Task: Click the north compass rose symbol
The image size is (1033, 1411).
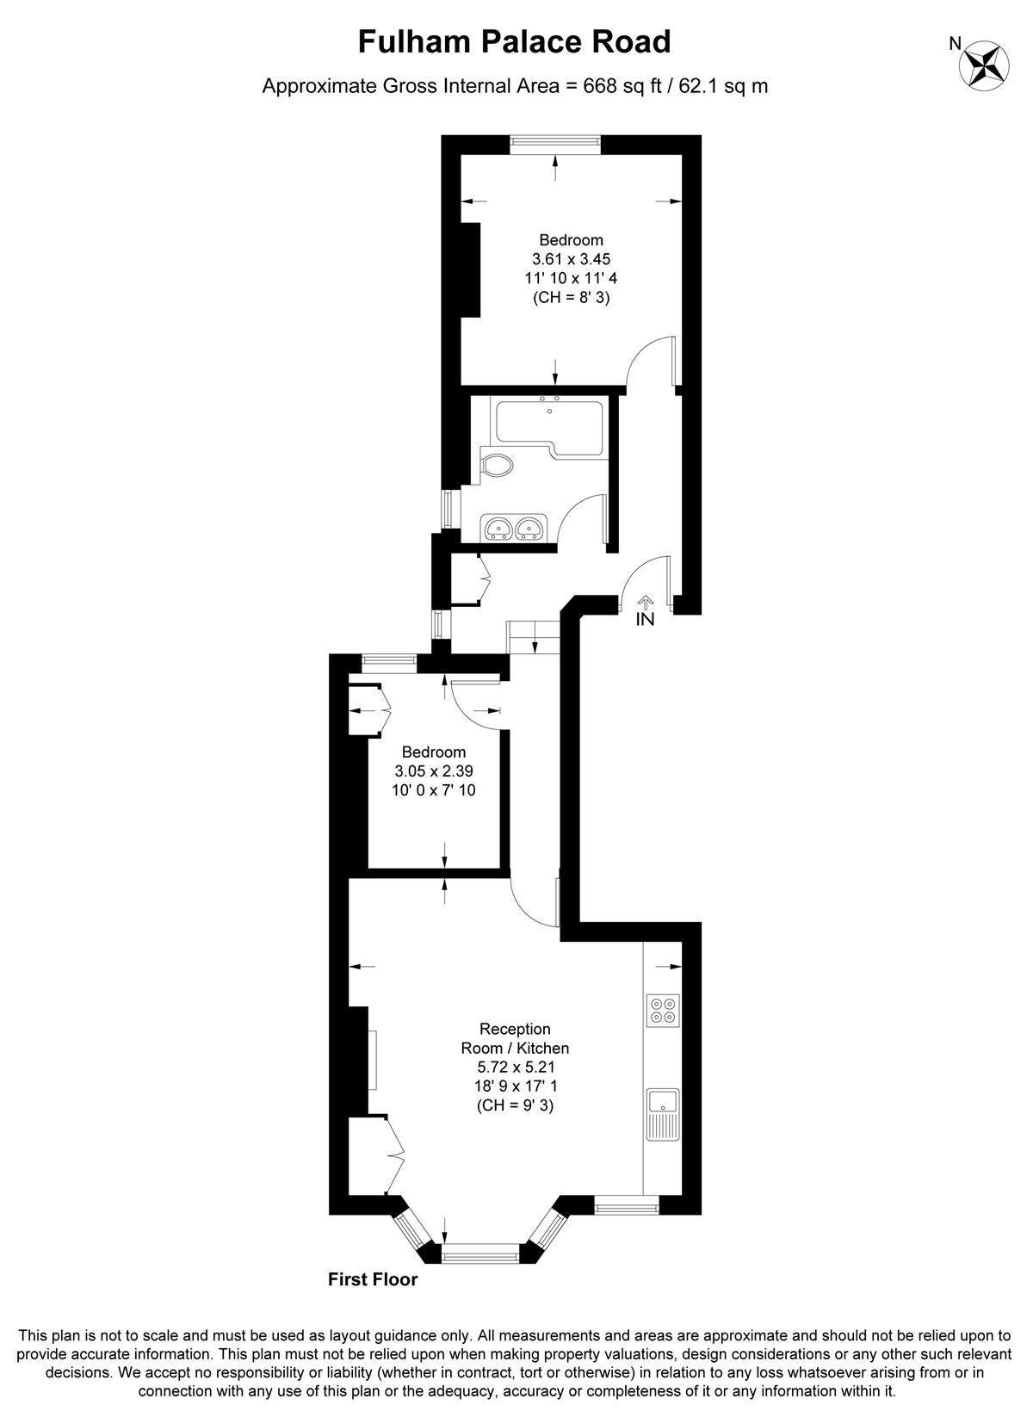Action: coord(986,65)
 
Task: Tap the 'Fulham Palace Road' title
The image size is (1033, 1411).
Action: coord(514,41)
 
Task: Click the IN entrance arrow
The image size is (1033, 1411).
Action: coord(646,603)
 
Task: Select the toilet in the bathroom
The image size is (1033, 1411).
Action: coord(496,465)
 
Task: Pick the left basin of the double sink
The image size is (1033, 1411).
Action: coord(498,527)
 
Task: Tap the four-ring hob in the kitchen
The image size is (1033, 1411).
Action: coord(664,1010)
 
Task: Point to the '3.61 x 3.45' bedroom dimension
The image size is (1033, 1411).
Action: coord(571,258)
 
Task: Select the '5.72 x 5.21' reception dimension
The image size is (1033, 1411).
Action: coord(515,1067)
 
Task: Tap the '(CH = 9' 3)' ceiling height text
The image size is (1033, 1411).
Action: coord(515,1105)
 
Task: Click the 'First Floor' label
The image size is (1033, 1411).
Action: coord(373,1279)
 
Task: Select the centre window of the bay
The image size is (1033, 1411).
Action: coord(481,1253)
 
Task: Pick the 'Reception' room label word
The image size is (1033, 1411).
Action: coord(515,1029)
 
